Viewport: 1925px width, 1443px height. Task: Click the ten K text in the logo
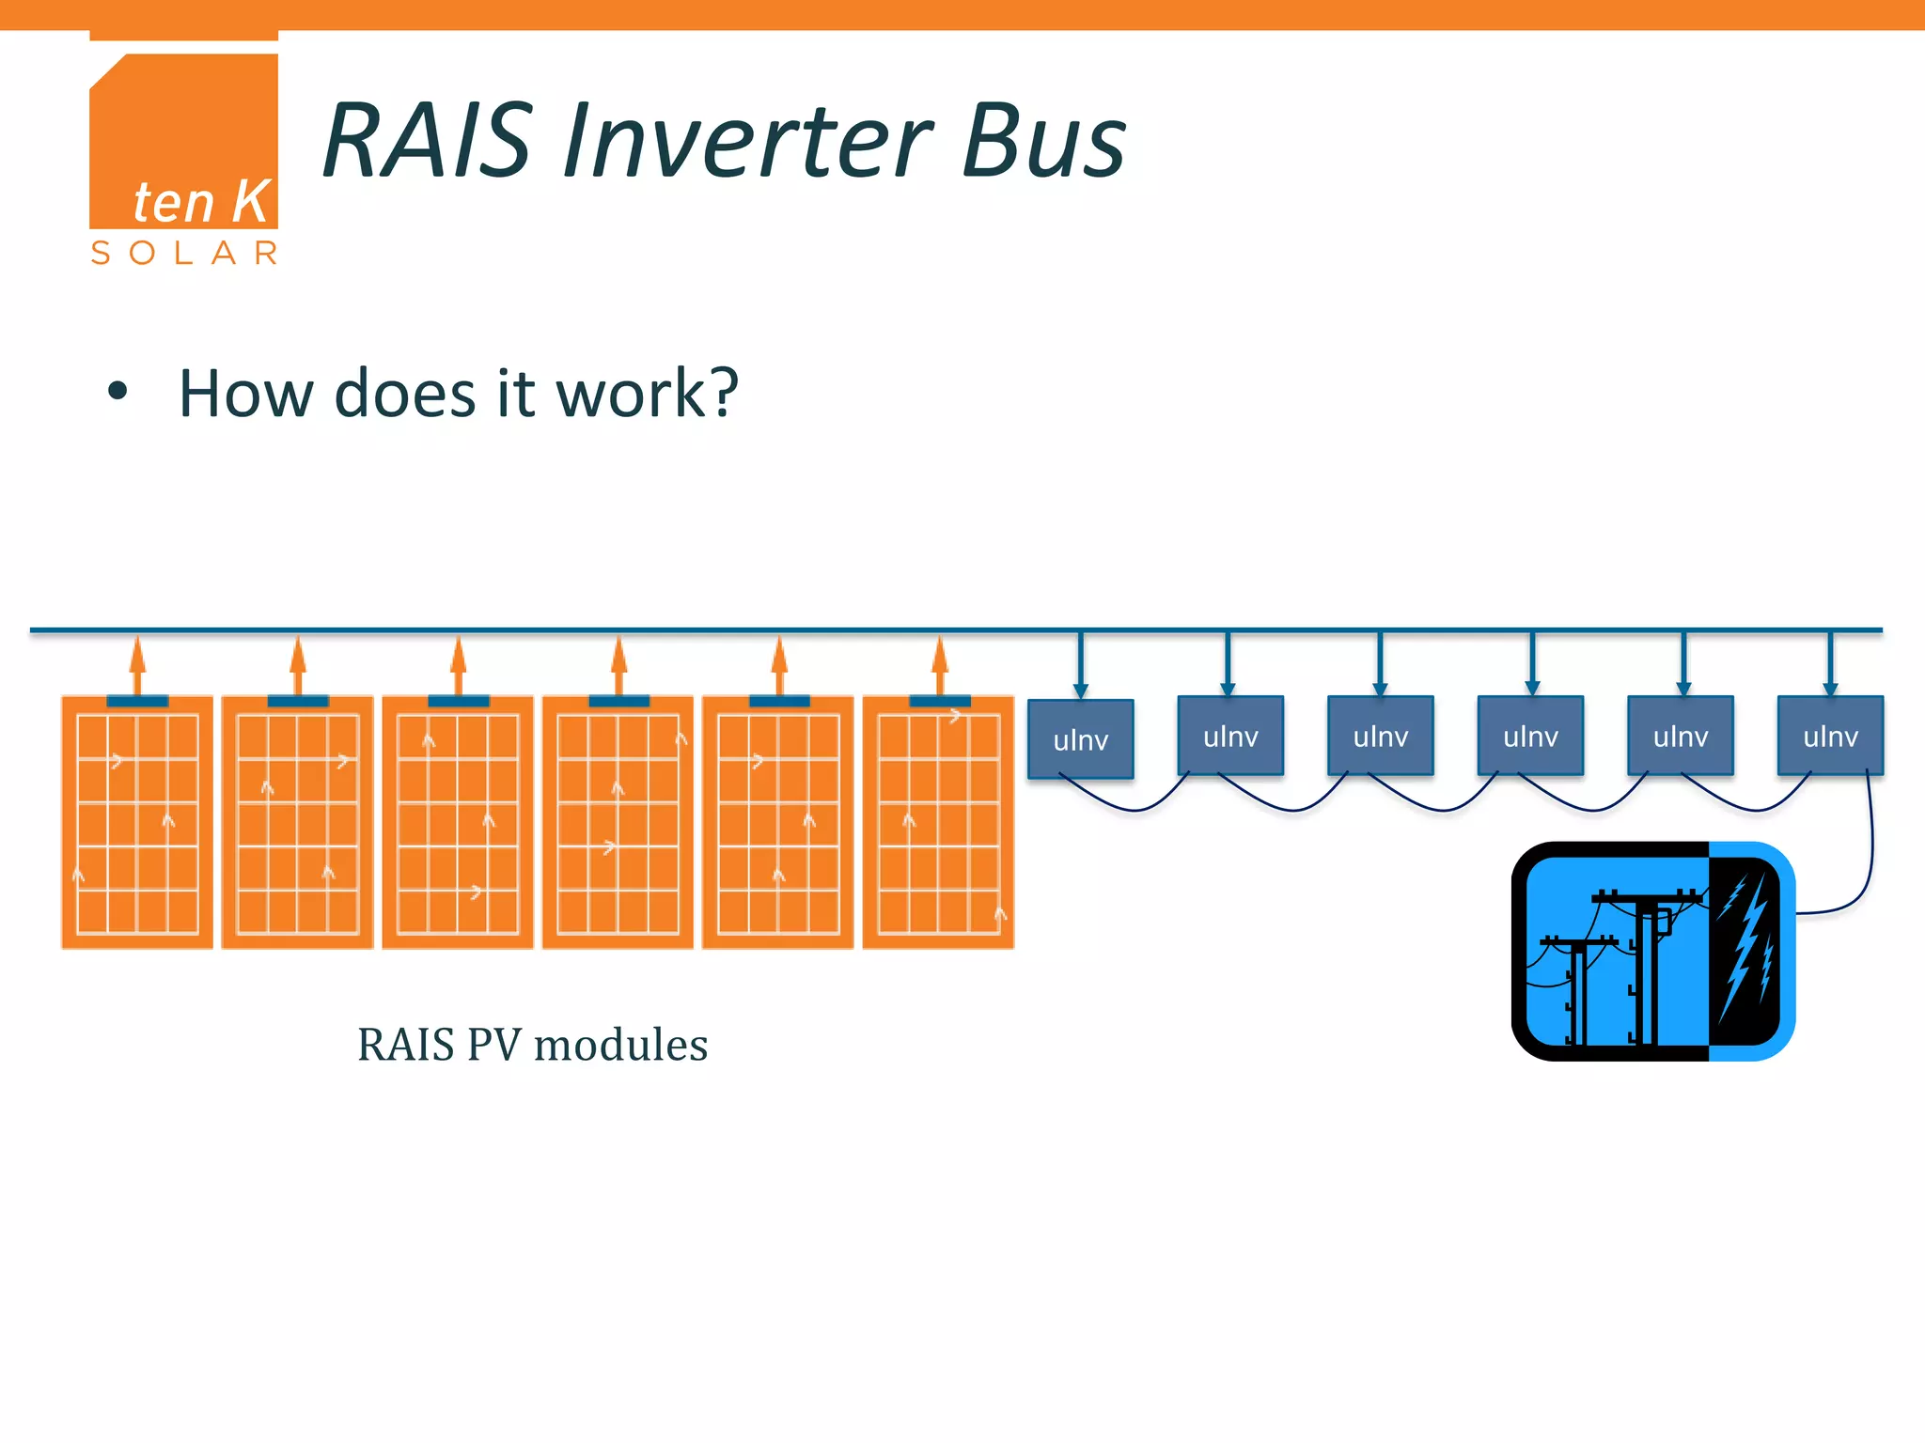coord(201,202)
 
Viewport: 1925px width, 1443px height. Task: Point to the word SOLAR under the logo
coord(184,253)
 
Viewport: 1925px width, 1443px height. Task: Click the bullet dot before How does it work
coord(117,392)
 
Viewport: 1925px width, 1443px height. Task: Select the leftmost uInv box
coord(1080,739)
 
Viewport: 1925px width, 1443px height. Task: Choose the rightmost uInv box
coord(1830,736)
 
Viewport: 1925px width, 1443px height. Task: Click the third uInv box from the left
coord(1380,736)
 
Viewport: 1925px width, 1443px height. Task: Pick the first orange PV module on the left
coord(137,823)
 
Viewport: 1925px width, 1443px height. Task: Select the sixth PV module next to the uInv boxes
coord(938,823)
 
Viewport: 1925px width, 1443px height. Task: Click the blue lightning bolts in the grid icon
coord(1746,949)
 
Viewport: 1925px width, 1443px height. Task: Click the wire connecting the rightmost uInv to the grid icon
coord(1870,846)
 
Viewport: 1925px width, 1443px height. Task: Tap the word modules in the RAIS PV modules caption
coord(620,1045)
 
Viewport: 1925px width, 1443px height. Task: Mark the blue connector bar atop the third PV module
coord(459,701)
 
